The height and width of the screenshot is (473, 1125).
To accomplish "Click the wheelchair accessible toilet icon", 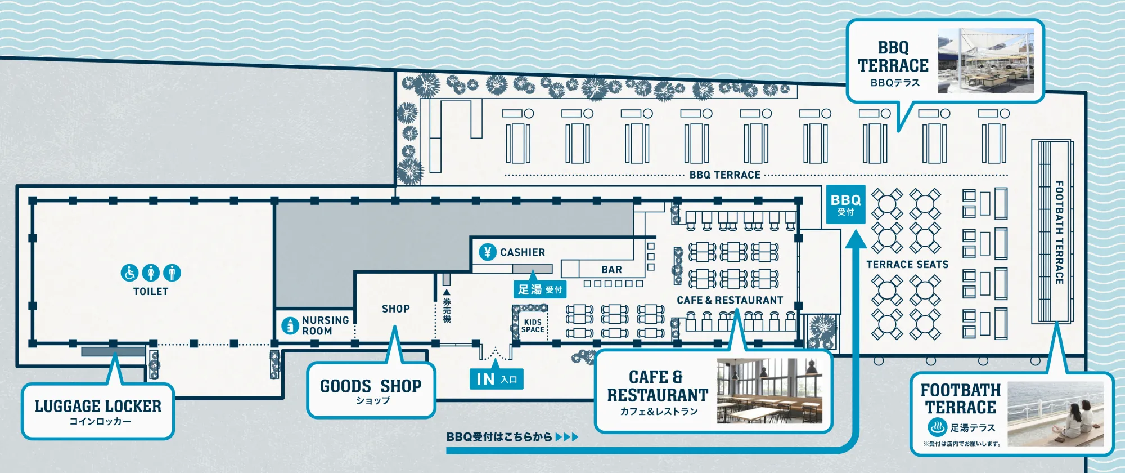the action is click(x=129, y=273).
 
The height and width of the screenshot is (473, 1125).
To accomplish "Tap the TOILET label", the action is click(x=151, y=291).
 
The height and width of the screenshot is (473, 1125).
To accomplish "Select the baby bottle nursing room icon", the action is click(x=290, y=325).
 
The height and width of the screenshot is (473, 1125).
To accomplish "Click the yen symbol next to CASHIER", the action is click(x=488, y=252).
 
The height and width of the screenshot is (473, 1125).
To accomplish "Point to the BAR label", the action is click(x=611, y=270).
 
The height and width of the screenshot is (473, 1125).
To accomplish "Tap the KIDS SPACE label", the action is click(x=533, y=326).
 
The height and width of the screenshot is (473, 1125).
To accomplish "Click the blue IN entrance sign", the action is click(x=496, y=380).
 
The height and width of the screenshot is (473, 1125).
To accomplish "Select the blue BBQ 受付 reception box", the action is click(x=845, y=204).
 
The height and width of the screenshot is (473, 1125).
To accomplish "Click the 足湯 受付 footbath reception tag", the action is click(x=539, y=289).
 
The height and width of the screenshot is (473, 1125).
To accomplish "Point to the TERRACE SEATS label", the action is click(x=907, y=264).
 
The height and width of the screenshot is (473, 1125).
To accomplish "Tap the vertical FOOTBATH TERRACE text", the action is click(x=1059, y=232).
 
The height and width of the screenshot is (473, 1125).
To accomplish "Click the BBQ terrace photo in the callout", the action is click(x=985, y=61).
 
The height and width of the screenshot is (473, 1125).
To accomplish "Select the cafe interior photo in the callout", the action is click(x=769, y=391).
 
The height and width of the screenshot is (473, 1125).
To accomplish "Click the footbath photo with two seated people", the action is click(x=1055, y=414).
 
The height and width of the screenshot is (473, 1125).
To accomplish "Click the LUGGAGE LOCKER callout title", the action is click(x=98, y=406).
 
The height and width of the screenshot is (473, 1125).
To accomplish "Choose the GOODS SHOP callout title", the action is click(x=371, y=386).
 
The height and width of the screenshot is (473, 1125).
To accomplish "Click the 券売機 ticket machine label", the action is click(x=447, y=310).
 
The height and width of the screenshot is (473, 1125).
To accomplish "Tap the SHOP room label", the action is click(x=395, y=309).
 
